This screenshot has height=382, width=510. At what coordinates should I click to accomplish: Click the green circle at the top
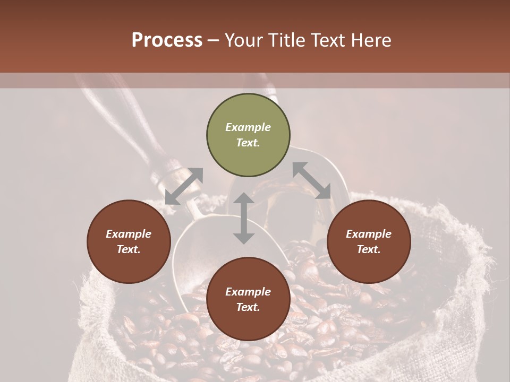click(x=248, y=135)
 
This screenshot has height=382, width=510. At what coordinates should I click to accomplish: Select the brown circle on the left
click(x=129, y=241)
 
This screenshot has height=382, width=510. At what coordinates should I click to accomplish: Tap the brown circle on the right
click(x=369, y=241)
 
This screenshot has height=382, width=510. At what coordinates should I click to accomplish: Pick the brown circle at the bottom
click(x=248, y=299)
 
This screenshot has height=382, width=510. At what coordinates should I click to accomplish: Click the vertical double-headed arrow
click(x=244, y=218)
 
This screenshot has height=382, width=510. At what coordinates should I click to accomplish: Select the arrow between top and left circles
click(x=184, y=186)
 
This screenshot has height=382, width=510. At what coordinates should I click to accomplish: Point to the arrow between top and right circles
click(x=311, y=180)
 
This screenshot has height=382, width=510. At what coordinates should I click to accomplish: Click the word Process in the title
click(x=167, y=40)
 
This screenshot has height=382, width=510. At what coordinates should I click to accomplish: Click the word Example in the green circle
click(x=248, y=127)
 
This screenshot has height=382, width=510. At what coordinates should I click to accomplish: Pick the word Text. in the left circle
click(x=129, y=249)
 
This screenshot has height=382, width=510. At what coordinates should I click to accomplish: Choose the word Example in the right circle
click(x=369, y=234)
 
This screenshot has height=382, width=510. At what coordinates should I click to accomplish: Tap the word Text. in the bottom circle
click(x=248, y=307)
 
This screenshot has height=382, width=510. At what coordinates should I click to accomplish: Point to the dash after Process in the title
click(x=214, y=40)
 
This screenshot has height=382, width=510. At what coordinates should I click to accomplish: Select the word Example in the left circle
click(x=129, y=234)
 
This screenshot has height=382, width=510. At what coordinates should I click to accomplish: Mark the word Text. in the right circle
click(x=369, y=249)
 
